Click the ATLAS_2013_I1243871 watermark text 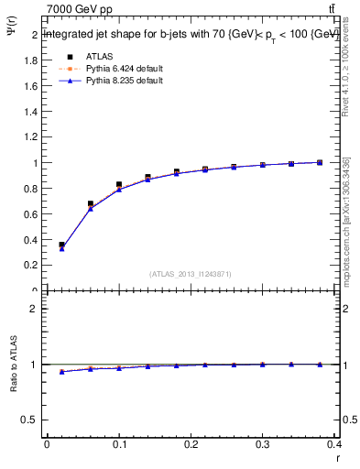pos(191,274)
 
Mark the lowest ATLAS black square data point pos(61,245)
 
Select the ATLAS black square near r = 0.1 pos(119,185)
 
